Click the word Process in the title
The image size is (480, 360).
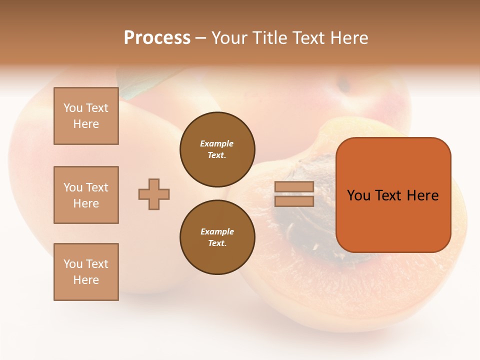tap(157, 38)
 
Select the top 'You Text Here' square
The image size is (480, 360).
tap(86, 116)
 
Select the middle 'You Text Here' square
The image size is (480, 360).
tap(86, 195)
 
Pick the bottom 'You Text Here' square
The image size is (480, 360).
tap(86, 272)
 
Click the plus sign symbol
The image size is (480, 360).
tap(154, 194)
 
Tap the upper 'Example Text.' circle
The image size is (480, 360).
tap(217, 149)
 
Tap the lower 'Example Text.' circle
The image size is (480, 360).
tap(217, 237)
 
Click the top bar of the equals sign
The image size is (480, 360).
tap(294, 187)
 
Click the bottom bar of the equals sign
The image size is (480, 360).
tap(294, 201)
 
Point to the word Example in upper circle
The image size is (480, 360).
tap(216, 143)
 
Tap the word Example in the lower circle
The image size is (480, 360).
tap(217, 231)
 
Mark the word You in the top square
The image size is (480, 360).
tap(73, 108)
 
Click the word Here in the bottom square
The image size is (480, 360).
tap(86, 280)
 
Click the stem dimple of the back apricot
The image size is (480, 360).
tap(343, 85)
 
